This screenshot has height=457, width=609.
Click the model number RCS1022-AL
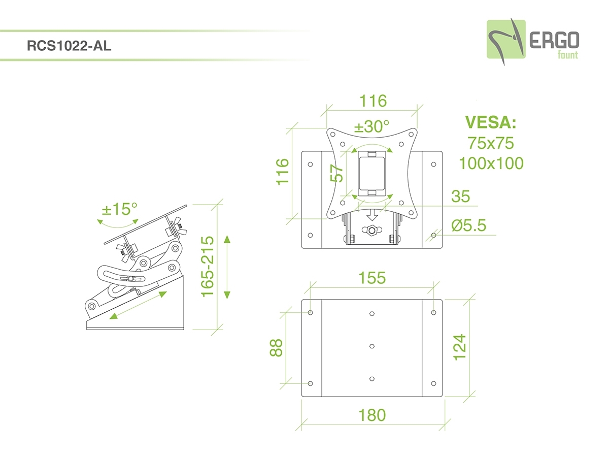tap(69, 46)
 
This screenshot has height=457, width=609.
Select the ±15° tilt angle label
tap(120, 209)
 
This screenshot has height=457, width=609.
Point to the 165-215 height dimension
tap(208, 267)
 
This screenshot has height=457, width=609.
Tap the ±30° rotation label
tap(371, 126)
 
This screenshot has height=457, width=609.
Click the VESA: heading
tap(491, 123)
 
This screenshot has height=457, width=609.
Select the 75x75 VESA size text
tap(491, 143)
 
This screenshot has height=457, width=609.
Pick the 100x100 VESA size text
tap(491, 163)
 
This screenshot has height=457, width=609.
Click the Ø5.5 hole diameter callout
tap(467, 225)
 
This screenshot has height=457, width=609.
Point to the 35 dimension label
tap(460, 196)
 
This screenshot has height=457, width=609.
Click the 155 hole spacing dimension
tap(372, 278)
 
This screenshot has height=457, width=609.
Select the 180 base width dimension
tap(372, 415)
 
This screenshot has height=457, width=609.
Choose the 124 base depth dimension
tap(459, 347)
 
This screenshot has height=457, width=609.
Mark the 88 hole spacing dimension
tap(276, 348)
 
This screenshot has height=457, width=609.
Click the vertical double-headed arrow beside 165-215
tap(227, 267)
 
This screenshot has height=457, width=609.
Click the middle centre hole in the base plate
tap(372, 346)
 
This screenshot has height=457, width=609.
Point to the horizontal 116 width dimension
tap(373, 101)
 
